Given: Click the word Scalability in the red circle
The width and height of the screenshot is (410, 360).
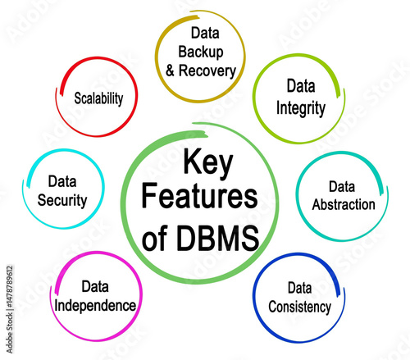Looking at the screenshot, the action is coord(98,98).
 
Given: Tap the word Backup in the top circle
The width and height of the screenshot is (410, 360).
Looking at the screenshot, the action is coord(201,52).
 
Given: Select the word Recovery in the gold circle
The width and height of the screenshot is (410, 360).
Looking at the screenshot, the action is coord(207,71).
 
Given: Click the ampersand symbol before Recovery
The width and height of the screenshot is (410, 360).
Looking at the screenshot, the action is coord(170,71).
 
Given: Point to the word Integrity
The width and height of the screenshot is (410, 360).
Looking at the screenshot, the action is coord(301,108).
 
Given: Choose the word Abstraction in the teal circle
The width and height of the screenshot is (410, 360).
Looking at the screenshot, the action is coord(344,204).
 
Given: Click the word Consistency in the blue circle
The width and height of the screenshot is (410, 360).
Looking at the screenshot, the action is coord(299,307).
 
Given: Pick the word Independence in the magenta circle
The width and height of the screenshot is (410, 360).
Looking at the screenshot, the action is coord(95,306).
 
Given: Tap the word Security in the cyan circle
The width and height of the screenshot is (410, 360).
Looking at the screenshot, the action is coord(62,201).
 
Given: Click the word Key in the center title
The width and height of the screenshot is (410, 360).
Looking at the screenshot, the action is coord(208,163).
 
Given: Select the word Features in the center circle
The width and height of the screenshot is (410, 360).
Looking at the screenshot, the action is coord(199,196).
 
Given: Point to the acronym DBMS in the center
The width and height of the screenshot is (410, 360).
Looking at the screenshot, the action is coord(218,238).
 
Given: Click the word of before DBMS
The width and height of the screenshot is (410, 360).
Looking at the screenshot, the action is coord(154,238).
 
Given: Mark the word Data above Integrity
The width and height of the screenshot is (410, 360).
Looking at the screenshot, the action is coord(301,85).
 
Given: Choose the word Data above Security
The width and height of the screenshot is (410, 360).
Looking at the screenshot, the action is coord(62,181).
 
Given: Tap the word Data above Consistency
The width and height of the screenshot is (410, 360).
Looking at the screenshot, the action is coord(299,288).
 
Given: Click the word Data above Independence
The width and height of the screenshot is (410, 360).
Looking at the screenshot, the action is coord(95,286).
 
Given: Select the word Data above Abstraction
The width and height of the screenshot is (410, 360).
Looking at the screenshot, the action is coord(342,187).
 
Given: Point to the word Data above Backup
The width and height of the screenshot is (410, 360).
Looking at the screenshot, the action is coord(205,33).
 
